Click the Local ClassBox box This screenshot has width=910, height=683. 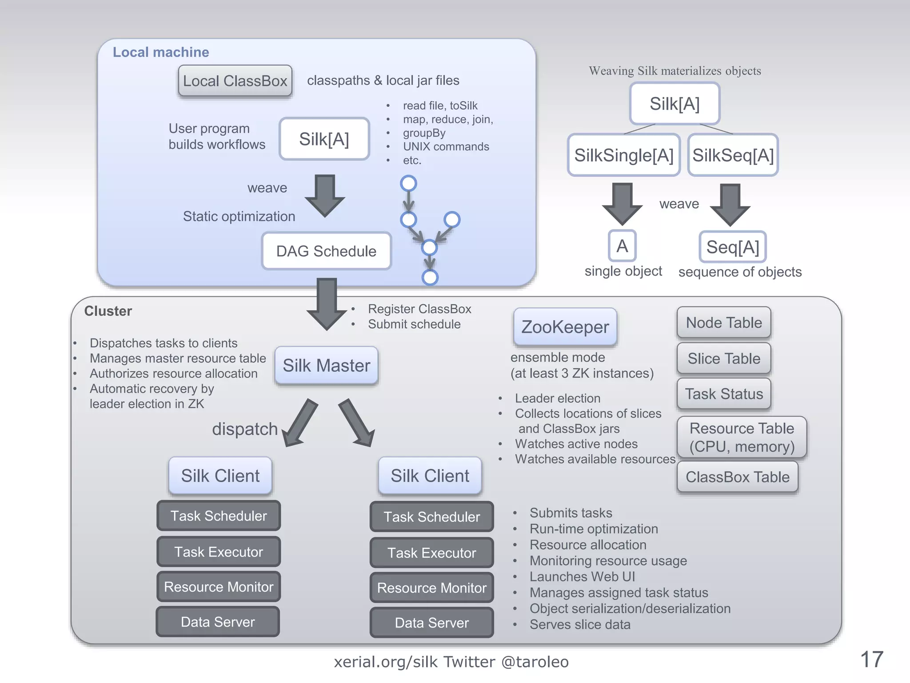[x=235, y=81]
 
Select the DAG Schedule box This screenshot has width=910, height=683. [x=326, y=251]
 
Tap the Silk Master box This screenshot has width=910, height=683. [x=326, y=366]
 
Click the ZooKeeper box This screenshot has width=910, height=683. [x=565, y=327]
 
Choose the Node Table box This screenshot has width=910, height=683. [x=724, y=323]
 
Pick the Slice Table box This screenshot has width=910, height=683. [x=724, y=358]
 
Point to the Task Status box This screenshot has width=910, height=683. [x=724, y=394]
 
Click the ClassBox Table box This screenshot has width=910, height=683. [x=738, y=477]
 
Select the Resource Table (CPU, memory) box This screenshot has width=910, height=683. [x=742, y=437]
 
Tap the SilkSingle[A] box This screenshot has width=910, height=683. [x=624, y=155]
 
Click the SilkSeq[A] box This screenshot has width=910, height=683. [x=733, y=155]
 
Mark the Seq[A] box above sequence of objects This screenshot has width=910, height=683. [x=733, y=247]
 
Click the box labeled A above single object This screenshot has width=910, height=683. [x=622, y=246]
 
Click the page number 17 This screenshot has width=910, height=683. [x=872, y=659]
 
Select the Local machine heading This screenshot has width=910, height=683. [x=161, y=52]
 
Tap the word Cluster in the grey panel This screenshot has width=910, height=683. [x=108, y=311]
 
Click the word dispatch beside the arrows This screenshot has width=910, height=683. [x=245, y=429]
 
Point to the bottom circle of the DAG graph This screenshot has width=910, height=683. [x=430, y=277]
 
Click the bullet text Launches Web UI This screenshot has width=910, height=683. [x=582, y=577]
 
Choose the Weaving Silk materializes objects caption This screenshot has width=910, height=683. [x=675, y=71]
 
